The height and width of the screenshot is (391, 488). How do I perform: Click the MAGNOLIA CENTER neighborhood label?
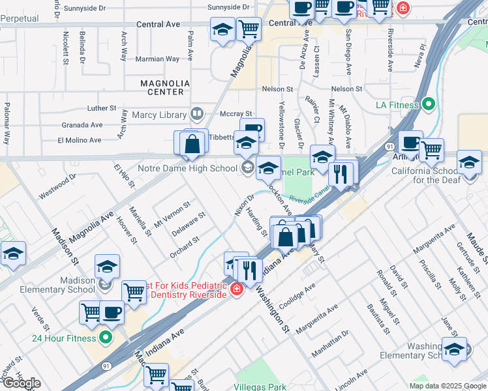[165, 87]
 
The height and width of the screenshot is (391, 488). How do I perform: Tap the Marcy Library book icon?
[196, 115]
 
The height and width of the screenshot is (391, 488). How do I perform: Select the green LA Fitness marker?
[428, 104]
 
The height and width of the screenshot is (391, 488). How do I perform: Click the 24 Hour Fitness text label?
[63, 338]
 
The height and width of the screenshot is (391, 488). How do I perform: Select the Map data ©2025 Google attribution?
[447, 386]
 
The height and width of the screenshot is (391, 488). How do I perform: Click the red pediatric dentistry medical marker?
[236, 289]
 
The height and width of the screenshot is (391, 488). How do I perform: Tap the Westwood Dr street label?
[57, 185]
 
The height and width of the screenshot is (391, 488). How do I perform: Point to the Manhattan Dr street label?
[330, 343]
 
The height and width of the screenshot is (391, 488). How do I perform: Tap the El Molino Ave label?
[80, 140]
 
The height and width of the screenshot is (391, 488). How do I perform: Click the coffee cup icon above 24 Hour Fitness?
[112, 312]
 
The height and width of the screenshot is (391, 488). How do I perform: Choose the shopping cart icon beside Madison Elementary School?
[134, 292]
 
